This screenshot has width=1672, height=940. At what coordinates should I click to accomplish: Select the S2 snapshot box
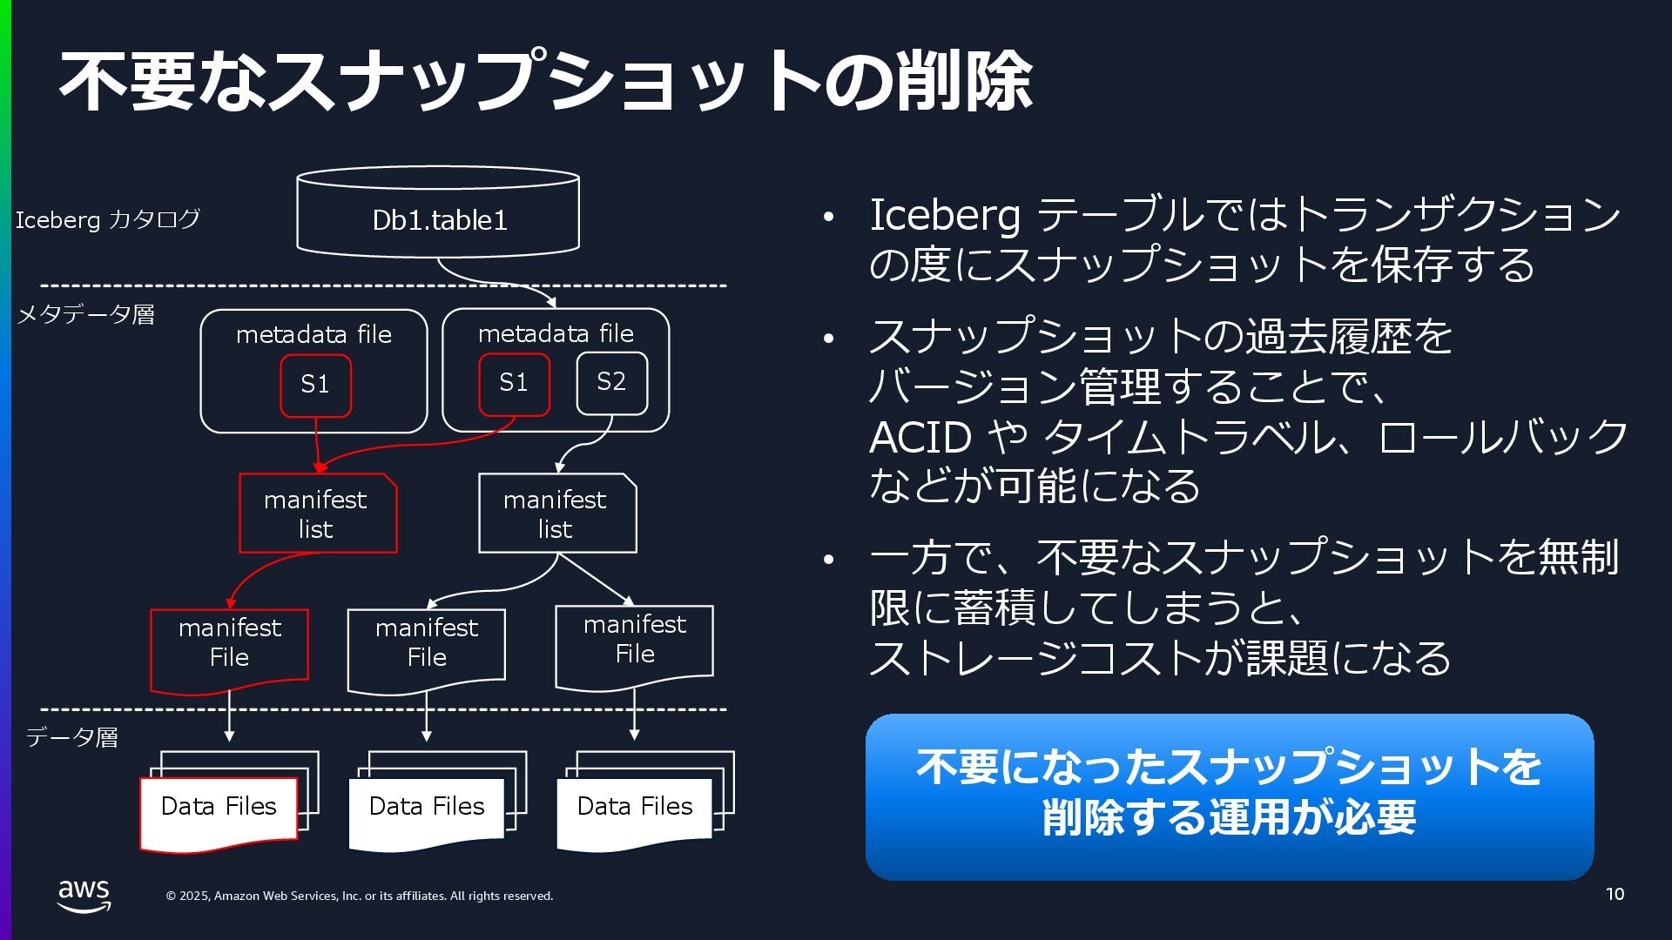pyautogui.click(x=611, y=382)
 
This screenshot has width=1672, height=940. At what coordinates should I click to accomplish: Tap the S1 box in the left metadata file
pyautogui.click(x=315, y=384)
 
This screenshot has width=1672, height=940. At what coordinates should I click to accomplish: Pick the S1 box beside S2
pyautogui.click(x=514, y=383)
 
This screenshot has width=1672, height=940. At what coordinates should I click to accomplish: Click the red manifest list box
pyautogui.click(x=317, y=514)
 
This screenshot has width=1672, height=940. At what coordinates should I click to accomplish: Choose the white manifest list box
pyautogui.click(x=556, y=514)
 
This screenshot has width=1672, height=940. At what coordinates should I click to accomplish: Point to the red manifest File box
pyautogui.click(x=229, y=648)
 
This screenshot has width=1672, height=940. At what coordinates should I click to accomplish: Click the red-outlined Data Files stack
pyautogui.click(x=219, y=807)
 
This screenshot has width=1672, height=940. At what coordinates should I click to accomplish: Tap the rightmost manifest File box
pyautogui.click(x=634, y=644)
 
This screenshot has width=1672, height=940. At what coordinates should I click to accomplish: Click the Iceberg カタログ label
pyautogui.click(x=107, y=219)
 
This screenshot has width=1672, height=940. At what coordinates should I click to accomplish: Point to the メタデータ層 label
pyautogui.click(x=86, y=314)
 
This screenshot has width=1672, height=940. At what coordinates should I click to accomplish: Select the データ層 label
pyautogui.click(x=72, y=737)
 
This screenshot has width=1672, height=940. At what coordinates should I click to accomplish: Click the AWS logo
pyautogui.click(x=84, y=895)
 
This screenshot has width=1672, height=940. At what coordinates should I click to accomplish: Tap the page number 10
pyautogui.click(x=1615, y=894)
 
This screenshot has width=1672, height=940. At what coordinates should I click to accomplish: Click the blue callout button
pyautogui.click(x=1229, y=796)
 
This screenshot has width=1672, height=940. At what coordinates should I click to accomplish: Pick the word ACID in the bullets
pyautogui.click(x=920, y=437)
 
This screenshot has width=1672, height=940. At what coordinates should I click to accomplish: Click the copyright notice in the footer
pyautogui.click(x=360, y=896)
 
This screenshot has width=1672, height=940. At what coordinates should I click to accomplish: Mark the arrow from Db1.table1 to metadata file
pyautogui.click(x=496, y=281)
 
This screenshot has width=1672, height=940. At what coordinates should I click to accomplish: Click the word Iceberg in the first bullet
pyautogui.click(x=944, y=215)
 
